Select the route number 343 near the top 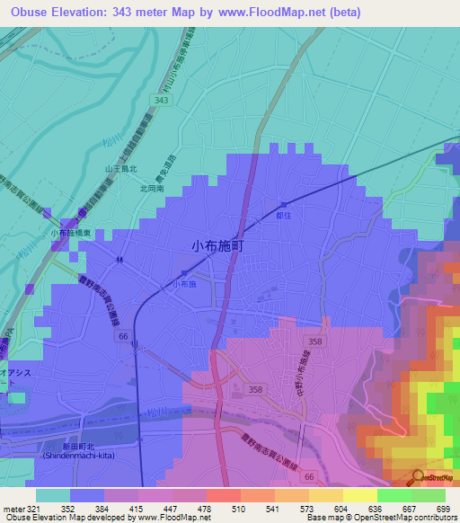(x=161, y=101)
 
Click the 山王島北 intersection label (x=120, y=168)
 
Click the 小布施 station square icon (x=184, y=273)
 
